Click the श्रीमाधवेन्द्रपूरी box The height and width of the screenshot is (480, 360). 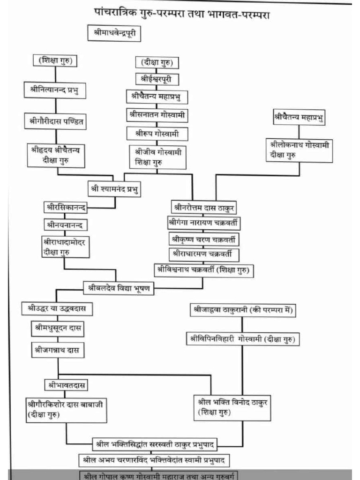click(x=114, y=34)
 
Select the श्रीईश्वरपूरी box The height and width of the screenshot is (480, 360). click(x=157, y=79)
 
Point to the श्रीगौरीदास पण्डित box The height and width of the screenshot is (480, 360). click(x=56, y=121)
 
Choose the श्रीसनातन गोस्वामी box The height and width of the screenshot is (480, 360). click(x=157, y=114)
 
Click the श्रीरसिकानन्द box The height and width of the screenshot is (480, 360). click(x=65, y=207)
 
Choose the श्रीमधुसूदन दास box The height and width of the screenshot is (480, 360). click(x=58, y=329)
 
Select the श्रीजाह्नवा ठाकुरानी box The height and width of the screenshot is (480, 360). click(x=243, y=310)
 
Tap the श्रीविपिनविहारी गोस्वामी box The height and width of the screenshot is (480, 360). click(x=243, y=338)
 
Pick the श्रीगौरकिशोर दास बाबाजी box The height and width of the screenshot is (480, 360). click(x=65, y=408)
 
